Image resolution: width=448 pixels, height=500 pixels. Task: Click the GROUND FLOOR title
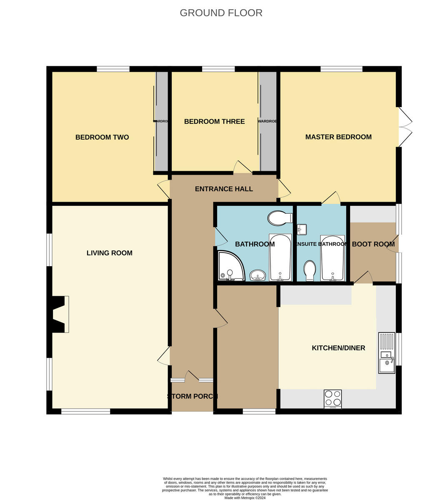(x=221, y=13)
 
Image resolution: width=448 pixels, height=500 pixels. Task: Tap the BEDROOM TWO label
(x=102, y=137)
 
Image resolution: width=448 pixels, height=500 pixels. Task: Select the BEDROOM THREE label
(x=214, y=121)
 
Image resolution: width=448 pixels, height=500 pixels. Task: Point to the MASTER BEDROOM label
(x=338, y=137)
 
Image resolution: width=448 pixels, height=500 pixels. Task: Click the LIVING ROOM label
(x=110, y=253)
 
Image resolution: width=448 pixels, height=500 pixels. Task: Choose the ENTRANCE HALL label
(x=224, y=189)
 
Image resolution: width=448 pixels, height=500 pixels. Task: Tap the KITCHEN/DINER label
(x=338, y=348)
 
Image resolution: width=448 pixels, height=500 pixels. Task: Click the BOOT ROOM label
(x=373, y=244)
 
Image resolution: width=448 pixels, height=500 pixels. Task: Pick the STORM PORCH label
(x=192, y=396)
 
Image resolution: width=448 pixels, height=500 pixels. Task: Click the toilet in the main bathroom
(x=280, y=217)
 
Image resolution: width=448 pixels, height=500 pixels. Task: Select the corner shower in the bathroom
(x=230, y=267)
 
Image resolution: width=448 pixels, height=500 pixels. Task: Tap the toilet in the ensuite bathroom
(x=310, y=271)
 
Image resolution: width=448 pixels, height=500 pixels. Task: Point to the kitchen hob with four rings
(x=333, y=399)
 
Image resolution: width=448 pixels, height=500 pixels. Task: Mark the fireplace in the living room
(x=59, y=314)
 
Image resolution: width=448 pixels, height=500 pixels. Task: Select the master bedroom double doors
(x=405, y=127)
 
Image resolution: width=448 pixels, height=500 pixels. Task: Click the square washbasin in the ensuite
(x=302, y=229)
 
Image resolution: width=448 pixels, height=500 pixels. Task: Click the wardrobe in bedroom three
(x=268, y=121)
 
